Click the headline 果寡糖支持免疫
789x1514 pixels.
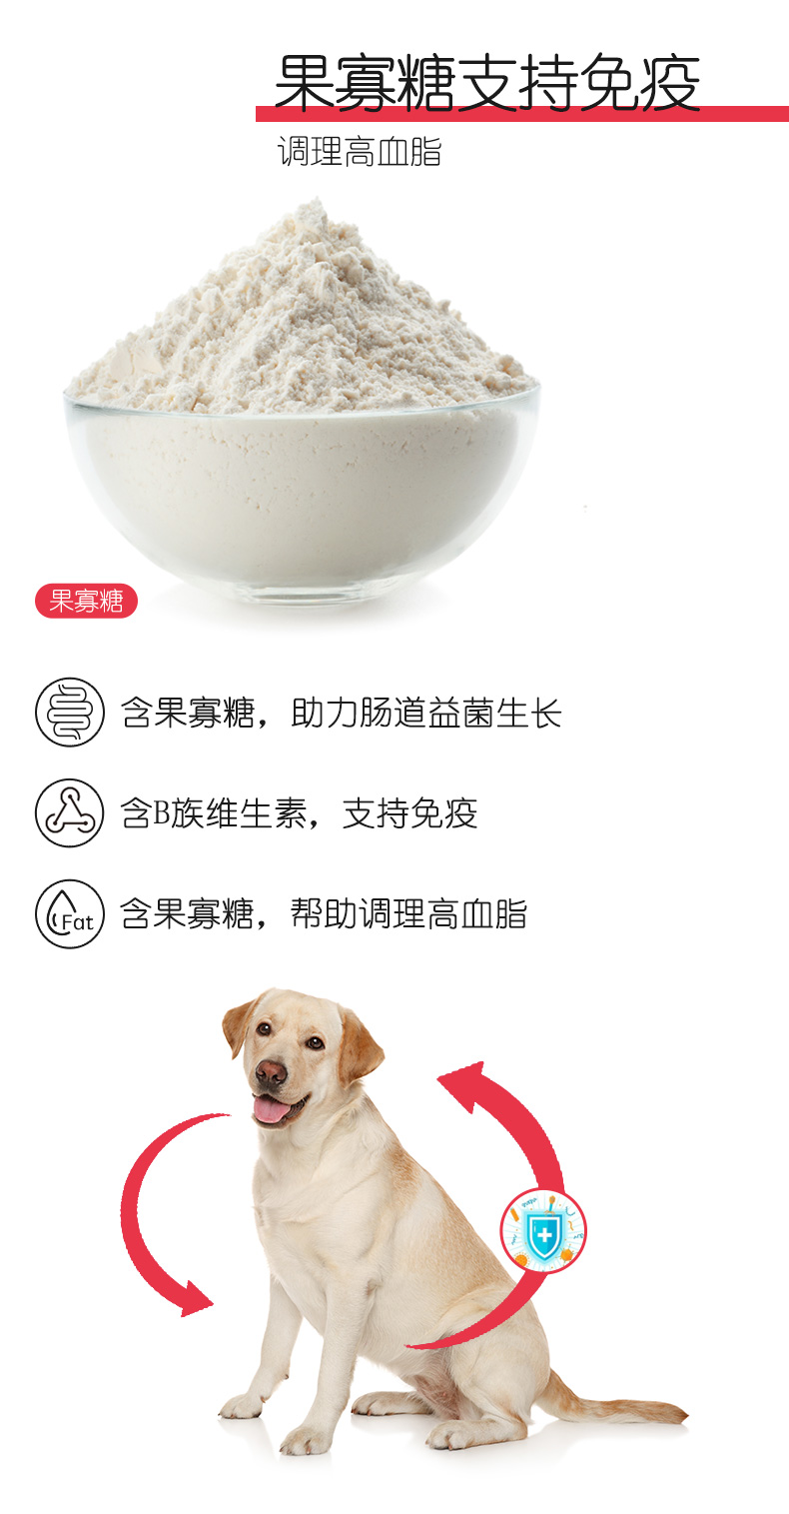click(487, 83)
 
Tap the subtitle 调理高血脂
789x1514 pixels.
click(360, 152)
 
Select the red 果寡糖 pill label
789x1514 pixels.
click(87, 601)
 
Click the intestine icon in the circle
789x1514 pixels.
click(70, 712)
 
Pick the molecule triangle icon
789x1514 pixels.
click(70, 813)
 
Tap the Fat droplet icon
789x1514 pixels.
click(70, 913)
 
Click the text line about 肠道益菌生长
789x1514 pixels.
click(342, 713)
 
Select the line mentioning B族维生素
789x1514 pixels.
click(299, 813)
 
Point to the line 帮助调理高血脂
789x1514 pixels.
click(324, 913)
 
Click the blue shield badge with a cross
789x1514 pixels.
click(543, 1231)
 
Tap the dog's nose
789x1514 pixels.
click(271, 1070)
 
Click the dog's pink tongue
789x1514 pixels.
click(272, 1110)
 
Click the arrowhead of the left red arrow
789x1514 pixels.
click(196, 1299)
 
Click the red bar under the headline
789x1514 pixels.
click(522, 114)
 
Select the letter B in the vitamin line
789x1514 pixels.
click(161, 813)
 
